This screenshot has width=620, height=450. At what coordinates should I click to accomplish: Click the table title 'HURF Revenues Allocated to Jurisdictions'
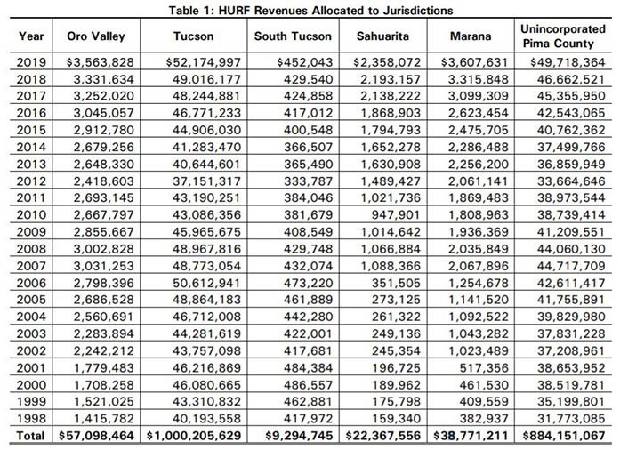pyautogui.click(x=310, y=10)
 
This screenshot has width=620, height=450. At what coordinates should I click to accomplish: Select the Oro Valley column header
pyautogui.click(x=95, y=36)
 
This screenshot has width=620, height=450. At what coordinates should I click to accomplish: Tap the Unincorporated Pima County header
pyautogui.click(x=561, y=36)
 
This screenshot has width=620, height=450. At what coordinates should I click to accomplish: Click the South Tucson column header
pyautogui.click(x=293, y=36)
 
